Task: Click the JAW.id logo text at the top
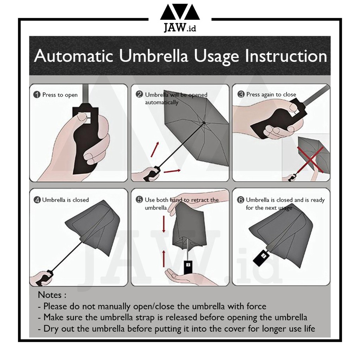point(180,27)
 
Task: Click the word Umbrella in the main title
point(153,56)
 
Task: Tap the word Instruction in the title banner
point(286,56)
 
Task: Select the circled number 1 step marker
point(37,95)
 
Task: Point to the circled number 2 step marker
point(139,94)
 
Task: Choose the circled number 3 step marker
point(241,94)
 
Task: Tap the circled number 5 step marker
point(139,200)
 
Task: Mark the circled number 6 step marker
point(240,200)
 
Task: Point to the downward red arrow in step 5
point(164,224)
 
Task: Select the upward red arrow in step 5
point(164,258)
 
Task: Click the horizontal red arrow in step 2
point(172,171)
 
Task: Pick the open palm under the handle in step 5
point(184,276)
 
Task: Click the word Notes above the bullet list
point(50,295)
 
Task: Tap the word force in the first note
point(256,306)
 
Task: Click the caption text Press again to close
point(271,94)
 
